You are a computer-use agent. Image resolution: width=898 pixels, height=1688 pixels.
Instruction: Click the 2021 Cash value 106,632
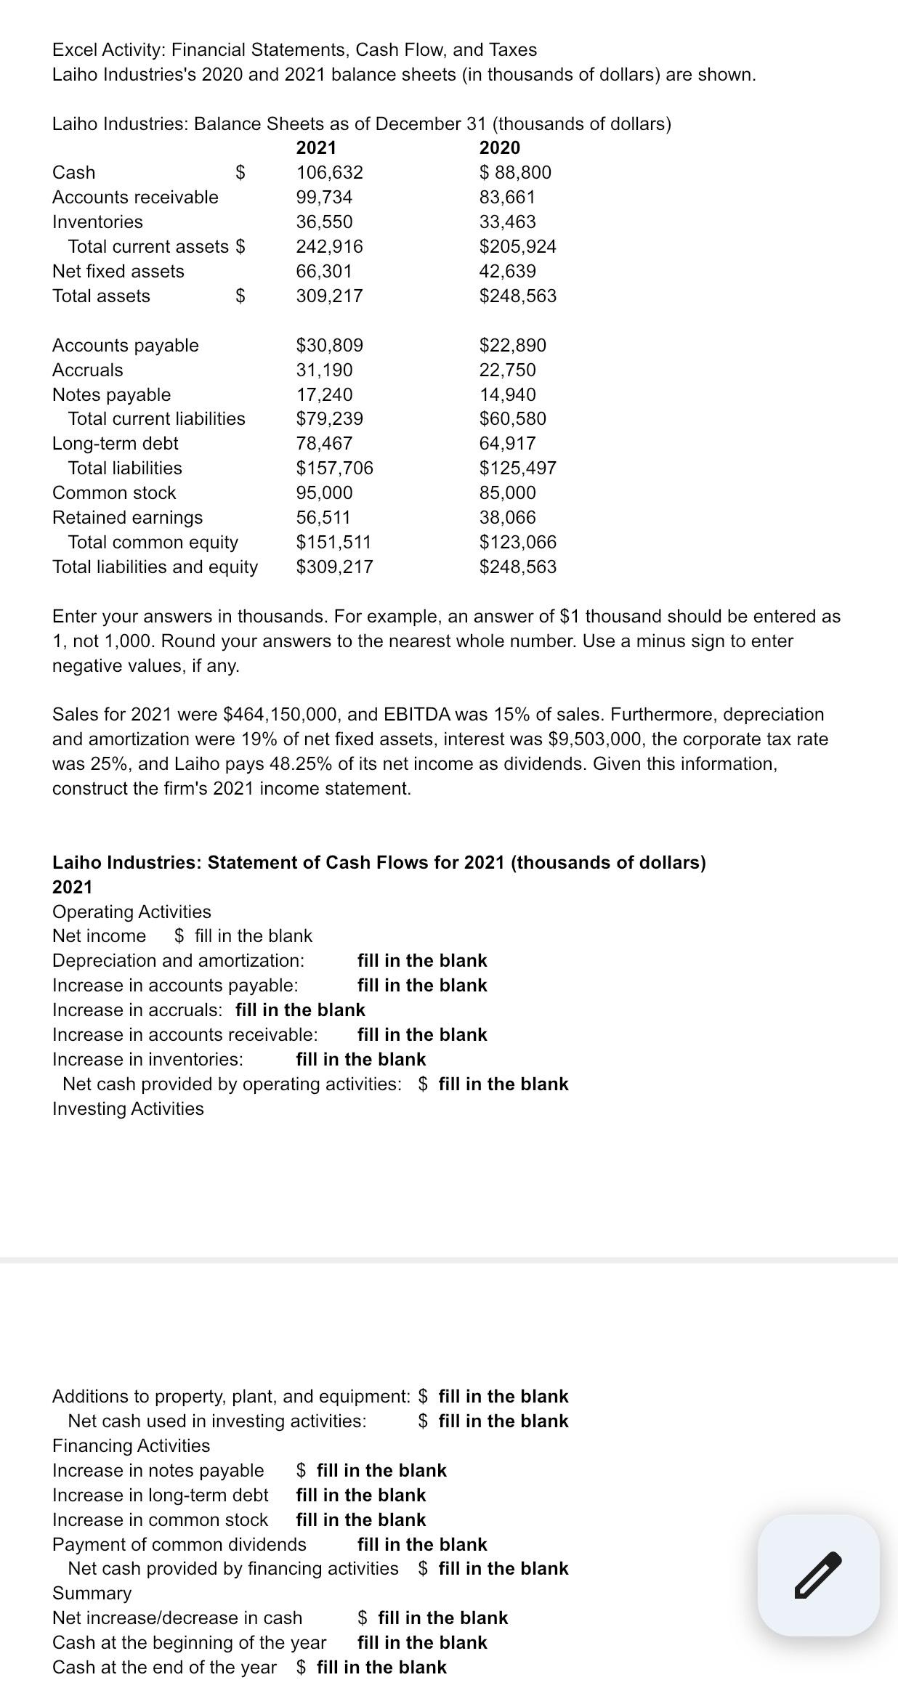point(329,172)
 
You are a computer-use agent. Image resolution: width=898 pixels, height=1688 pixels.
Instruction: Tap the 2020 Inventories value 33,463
point(507,222)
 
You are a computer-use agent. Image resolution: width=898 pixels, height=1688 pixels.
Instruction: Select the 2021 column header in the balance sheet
point(316,147)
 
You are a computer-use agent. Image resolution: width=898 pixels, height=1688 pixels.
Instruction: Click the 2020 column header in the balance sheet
point(500,147)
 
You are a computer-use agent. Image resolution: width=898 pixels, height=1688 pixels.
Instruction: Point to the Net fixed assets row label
point(118,271)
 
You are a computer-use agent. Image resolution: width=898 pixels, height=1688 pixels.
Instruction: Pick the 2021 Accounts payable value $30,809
point(329,345)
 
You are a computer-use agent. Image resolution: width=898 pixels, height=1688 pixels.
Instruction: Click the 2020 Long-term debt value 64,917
point(507,443)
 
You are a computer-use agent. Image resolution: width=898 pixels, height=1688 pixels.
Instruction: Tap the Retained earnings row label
point(128,517)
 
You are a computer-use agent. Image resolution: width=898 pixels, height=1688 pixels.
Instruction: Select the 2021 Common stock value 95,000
point(324,492)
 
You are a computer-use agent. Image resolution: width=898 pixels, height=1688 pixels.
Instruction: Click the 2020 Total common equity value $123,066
point(517,542)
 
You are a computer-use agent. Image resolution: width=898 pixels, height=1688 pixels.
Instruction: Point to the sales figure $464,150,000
point(278,714)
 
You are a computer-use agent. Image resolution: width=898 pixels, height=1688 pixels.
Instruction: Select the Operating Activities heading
point(132,912)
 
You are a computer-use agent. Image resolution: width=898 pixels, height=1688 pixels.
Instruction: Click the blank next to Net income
point(254,936)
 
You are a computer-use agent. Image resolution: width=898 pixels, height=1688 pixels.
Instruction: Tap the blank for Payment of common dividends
point(422,1544)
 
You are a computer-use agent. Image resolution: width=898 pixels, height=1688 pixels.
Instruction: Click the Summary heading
point(92,1593)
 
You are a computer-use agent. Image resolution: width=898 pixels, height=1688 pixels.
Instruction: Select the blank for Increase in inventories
point(361,1059)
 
